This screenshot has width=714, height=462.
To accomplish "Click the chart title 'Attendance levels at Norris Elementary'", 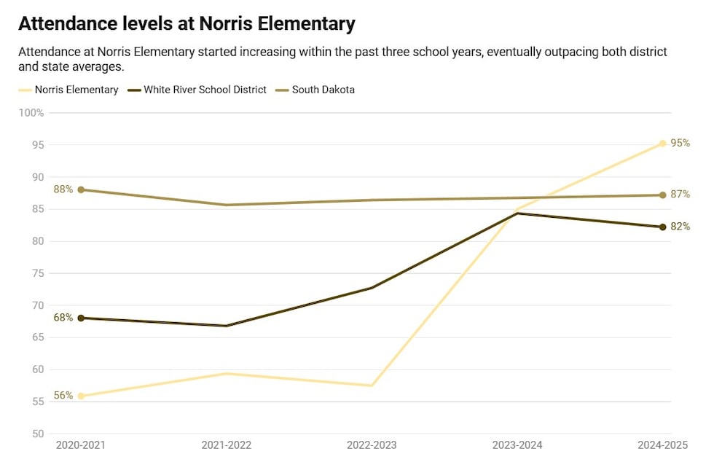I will pyautogui.click(x=187, y=24).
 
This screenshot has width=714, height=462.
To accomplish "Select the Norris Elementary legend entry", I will pyautogui.click(x=76, y=90).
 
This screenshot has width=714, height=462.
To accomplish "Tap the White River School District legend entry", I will pyautogui.click(x=205, y=90).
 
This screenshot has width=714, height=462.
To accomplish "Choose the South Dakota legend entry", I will pyautogui.click(x=323, y=90).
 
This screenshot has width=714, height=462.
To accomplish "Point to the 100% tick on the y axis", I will pyautogui.click(x=31, y=113).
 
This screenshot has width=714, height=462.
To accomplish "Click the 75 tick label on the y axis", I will pyautogui.click(x=38, y=273).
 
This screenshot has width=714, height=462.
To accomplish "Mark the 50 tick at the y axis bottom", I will pyautogui.click(x=38, y=434).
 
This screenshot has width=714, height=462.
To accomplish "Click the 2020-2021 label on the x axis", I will pyautogui.click(x=80, y=445).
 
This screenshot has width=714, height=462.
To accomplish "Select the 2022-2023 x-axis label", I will pyautogui.click(x=372, y=445).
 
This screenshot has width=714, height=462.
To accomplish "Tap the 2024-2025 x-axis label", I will pyautogui.click(x=662, y=445).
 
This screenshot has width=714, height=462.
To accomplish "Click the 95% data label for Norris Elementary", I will pyautogui.click(x=680, y=144).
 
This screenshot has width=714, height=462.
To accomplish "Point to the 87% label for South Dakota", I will pyautogui.click(x=680, y=195).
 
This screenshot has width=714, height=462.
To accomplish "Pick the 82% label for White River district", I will pyautogui.click(x=680, y=227).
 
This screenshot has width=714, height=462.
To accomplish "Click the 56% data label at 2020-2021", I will pyautogui.click(x=63, y=396).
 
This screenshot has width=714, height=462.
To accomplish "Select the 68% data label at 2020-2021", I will pyautogui.click(x=63, y=318).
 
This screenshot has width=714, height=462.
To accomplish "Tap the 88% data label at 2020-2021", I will pyautogui.click(x=63, y=189).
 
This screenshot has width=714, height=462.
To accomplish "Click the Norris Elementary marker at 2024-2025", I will pyautogui.click(x=662, y=144).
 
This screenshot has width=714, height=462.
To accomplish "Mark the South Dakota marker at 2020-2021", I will pyautogui.click(x=81, y=189).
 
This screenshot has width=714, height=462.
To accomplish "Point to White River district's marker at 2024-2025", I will pyautogui.click(x=662, y=227).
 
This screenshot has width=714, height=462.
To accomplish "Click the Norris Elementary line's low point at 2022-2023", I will pyautogui.click(x=372, y=385).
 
